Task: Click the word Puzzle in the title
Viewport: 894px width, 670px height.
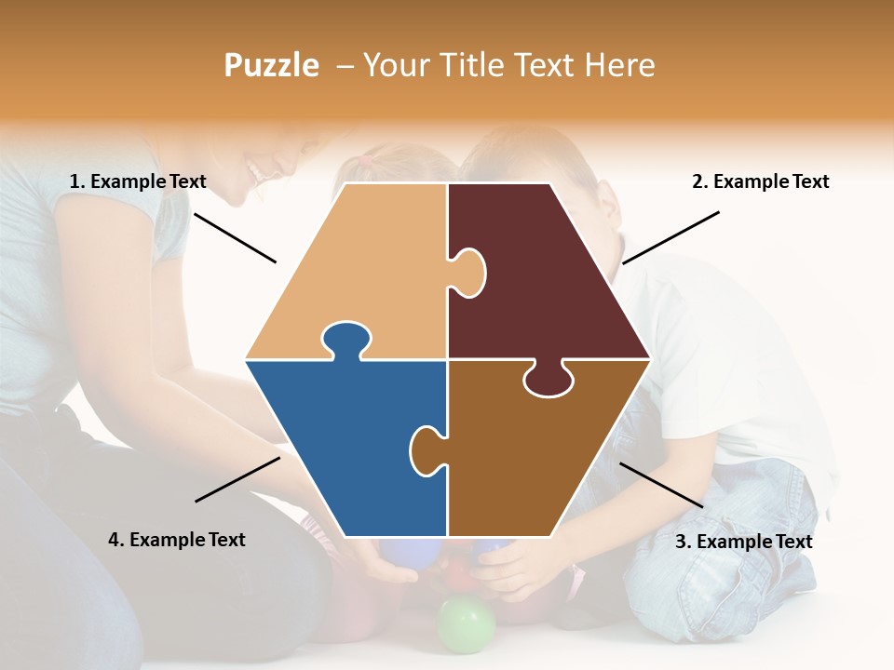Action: (271, 65)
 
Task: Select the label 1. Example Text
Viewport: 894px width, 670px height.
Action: (138, 181)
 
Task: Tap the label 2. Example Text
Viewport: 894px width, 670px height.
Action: (760, 181)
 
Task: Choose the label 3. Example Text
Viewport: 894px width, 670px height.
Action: (743, 542)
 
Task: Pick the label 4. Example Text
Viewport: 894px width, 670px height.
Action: (177, 540)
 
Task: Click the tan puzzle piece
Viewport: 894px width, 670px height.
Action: (363, 270)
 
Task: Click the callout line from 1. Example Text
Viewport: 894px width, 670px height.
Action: (235, 237)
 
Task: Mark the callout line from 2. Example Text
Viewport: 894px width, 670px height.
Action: (670, 237)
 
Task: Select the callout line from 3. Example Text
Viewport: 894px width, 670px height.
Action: (661, 485)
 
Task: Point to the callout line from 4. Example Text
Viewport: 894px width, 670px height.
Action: (237, 479)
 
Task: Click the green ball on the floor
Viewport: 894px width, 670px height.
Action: (466, 623)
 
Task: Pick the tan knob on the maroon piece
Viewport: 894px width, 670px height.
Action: (467, 272)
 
